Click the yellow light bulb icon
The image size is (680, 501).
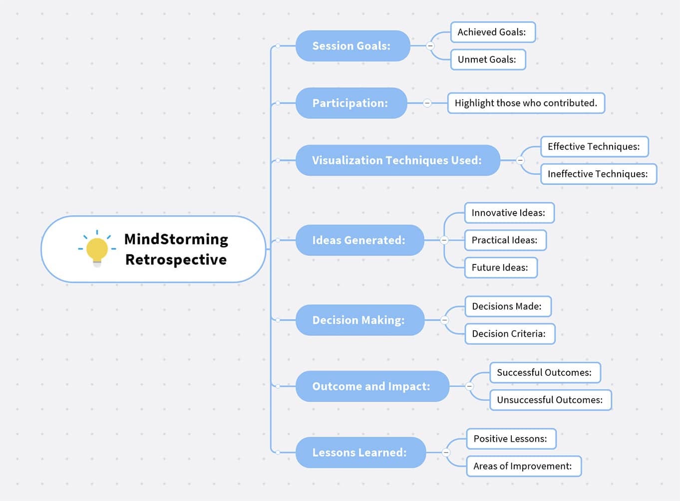97,249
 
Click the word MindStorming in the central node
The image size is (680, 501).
176,239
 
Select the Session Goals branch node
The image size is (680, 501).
352,46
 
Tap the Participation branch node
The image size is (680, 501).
351,103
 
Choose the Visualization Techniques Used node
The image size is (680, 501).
397,160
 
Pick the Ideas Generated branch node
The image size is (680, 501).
359,240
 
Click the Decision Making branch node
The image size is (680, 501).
359,320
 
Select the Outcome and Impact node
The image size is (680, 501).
372,386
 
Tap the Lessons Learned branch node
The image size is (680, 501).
360,453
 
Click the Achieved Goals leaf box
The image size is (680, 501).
492,32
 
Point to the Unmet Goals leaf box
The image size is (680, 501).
488,59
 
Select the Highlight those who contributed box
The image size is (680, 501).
526,103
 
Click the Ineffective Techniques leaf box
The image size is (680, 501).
598,174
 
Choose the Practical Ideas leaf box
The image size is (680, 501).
505,240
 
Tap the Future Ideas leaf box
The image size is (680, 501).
500,267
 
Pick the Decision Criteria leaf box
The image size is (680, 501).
509,334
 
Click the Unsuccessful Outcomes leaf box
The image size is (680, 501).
550,400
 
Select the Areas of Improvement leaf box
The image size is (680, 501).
523,466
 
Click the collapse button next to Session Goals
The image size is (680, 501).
430,46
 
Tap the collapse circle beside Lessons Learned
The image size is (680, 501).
446,453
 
